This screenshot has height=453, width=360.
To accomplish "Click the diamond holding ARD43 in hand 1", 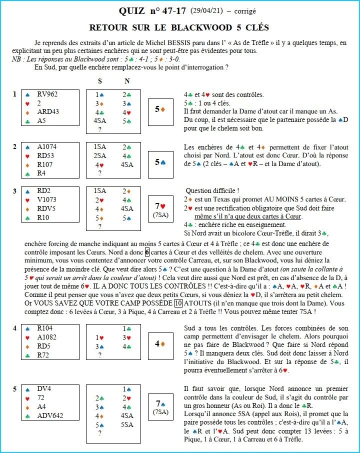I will [x=47, y=111].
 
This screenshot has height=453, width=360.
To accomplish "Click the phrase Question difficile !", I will [x=209, y=190].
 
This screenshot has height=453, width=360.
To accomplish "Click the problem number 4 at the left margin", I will [x=15, y=328].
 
